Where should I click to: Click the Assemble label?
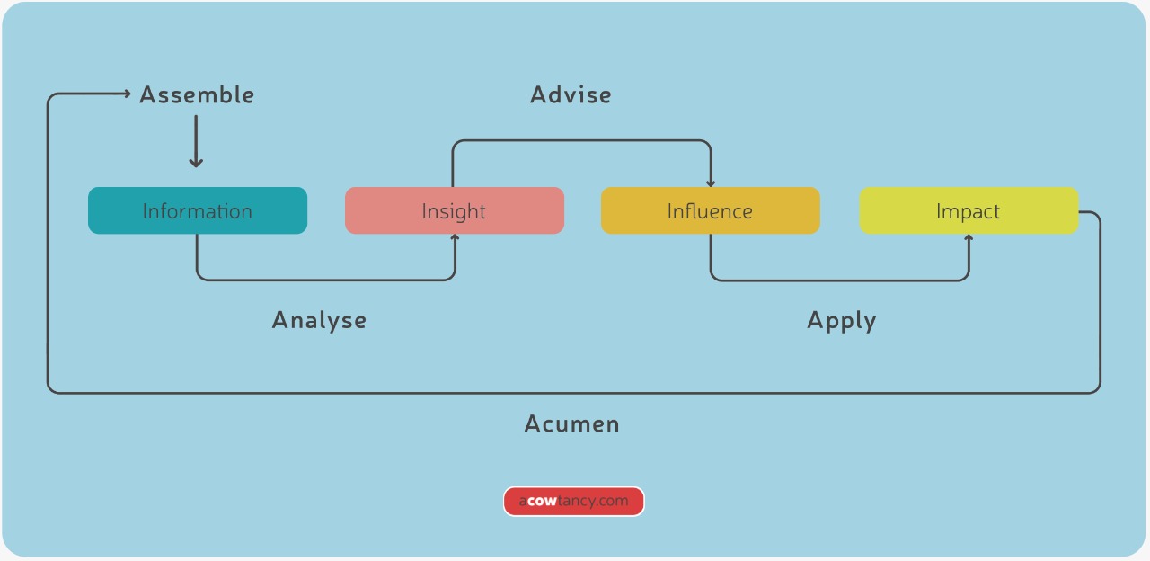click(x=197, y=94)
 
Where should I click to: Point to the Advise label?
click(x=571, y=94)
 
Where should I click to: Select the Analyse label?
click(x=319, y=320)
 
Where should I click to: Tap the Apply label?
click(x=841, y=320)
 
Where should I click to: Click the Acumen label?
click(x=571, y=423)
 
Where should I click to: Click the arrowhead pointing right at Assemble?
click(x=127, y=93)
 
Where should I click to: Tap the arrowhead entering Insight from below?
click(x=455, y=238)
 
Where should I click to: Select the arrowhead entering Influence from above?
click(x=711, y=182)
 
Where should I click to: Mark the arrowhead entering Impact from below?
click(x=969, y=238)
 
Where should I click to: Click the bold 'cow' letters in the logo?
click(x=542, y=502)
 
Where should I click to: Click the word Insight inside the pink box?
click(x=454, y=211)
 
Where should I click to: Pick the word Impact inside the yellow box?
click(x=968, y=211)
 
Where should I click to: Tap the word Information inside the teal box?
click(x=197, y=211)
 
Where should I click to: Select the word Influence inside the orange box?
click(x=710, y=211)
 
